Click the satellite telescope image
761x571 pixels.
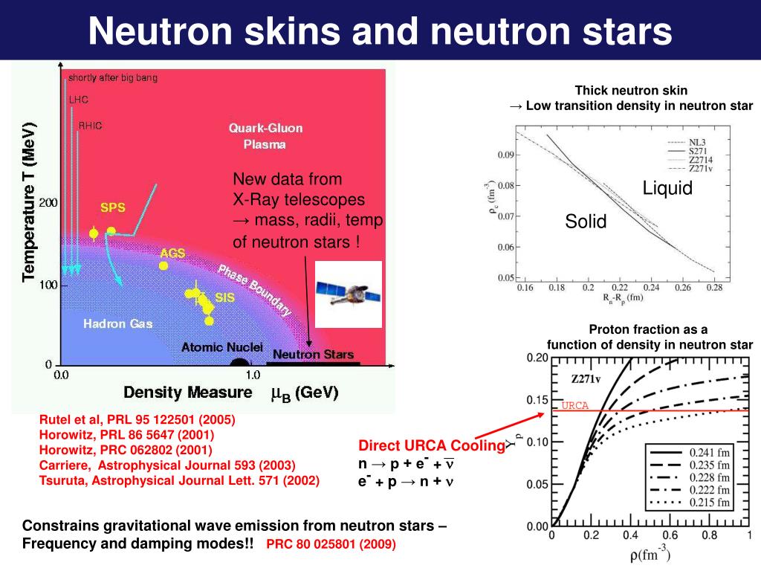[x=349, y=294]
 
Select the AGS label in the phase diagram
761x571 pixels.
[x=172, y=253]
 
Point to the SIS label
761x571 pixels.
[x=225, y=297]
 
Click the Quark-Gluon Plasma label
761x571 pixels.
[x=265, y=136]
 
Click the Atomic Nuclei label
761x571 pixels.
[x=221, y=346]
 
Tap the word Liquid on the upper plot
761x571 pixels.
[x=667, y=188]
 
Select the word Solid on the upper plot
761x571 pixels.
[x=586, y=221]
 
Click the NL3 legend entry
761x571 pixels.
[x=696, y=141]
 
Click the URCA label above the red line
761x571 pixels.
[x=574, y=405]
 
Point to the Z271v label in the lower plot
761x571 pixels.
[x=591, y=378]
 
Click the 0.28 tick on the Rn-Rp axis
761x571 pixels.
[x=714, y=287]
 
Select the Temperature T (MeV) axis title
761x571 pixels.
[x=28, y=202]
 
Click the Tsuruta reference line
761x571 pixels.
[x=179, y=480]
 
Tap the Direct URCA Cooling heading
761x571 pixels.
[x=431, y=446]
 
